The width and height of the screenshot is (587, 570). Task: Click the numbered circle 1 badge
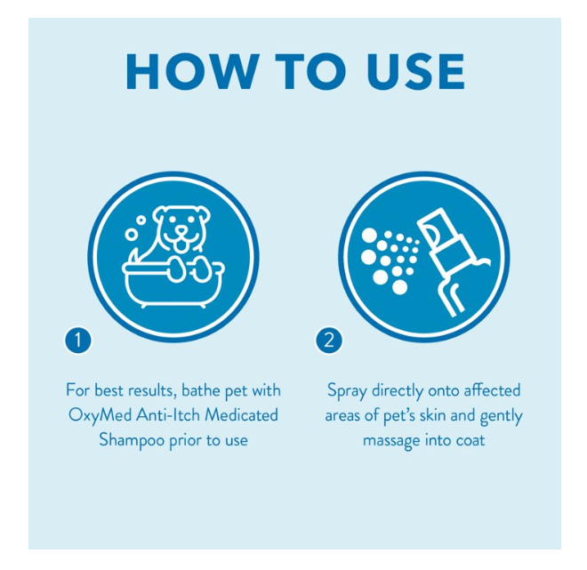(x=78, y=341)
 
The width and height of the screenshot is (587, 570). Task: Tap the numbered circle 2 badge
(x=329, y=341)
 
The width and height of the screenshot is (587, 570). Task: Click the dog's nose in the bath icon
(x=182, y=229)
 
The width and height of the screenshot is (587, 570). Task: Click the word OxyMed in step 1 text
(x=100, y=415)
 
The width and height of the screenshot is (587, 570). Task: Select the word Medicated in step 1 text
(x=241, y=414)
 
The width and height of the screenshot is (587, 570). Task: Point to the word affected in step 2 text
(x=492, y=390)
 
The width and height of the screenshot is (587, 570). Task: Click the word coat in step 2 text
(x=470, y=440)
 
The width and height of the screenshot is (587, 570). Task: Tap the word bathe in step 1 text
(x=201, y=390)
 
